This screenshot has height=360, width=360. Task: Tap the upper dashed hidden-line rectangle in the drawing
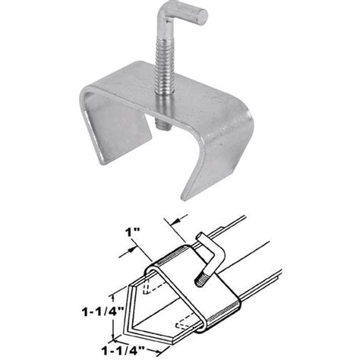(x=149, y=286)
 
